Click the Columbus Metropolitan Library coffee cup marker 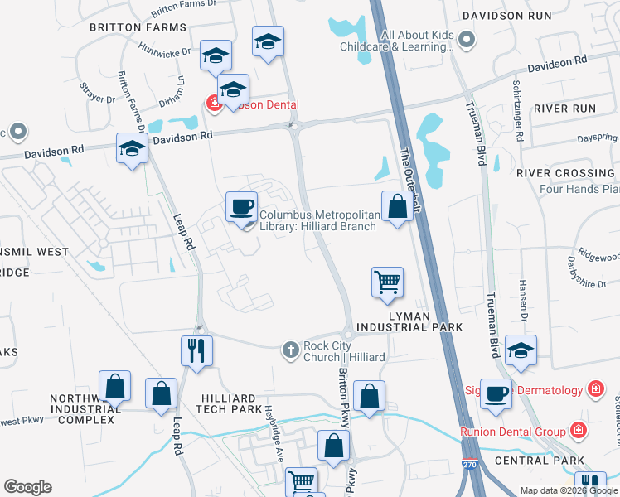[x=241, y=206]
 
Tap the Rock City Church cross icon [x=291, y=350]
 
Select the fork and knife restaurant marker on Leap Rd [x=196, y=351]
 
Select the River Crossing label [x=564, y=173]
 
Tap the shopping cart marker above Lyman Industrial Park [x=387, y=282]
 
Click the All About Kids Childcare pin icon [x=467, y=38]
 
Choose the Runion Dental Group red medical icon [x=578, y=431]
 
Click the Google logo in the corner [x=27, y=487]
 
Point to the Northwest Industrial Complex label [x=81, y=409]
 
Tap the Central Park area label [x=540, y=461]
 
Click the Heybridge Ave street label [x=275, y=433]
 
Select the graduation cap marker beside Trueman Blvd [x=521, y=350]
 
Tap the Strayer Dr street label [x=98, y=93]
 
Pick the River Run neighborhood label [x=564, y=109]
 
